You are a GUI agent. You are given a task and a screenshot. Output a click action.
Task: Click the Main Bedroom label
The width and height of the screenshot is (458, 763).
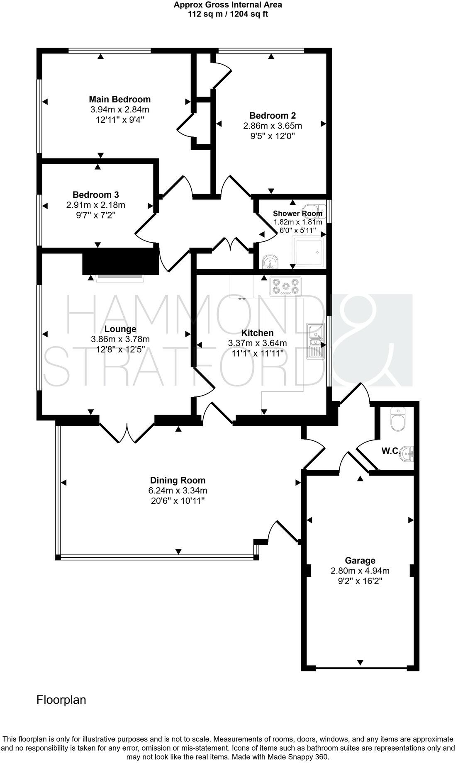(x=119, y=99)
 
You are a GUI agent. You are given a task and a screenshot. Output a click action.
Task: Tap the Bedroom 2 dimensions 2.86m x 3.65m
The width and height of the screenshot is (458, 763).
(x=273, y=126)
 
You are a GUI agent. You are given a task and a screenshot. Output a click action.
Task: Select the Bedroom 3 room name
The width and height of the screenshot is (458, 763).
(x=95, y=194)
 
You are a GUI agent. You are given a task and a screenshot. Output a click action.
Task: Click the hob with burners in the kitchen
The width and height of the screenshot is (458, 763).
(x=285, y=286)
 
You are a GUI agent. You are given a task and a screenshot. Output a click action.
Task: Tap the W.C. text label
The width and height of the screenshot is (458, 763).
(x=390, y=451)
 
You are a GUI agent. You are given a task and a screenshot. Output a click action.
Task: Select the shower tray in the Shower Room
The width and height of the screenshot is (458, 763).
(x=308, y=252)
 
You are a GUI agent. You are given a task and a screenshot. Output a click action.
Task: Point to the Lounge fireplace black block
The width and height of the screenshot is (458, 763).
(x=120, y=261)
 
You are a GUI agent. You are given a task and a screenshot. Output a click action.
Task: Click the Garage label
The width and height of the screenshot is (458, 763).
(x=360, y=561)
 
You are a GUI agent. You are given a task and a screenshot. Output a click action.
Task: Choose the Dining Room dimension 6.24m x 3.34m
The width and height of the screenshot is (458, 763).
(x=178, y=491)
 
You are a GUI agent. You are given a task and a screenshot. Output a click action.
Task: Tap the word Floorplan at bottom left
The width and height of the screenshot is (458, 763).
(x=61, y=700)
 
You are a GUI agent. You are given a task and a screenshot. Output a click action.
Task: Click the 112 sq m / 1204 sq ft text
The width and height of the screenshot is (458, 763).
(x=228, y=14)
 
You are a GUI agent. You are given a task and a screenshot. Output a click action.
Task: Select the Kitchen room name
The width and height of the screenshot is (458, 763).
(x=257, y=333)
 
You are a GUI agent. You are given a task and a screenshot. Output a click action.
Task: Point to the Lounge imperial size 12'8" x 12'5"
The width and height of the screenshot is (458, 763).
(x=120, y=349)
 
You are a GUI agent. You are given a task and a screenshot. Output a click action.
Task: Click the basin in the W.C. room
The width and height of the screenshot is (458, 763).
(x=408, y=454)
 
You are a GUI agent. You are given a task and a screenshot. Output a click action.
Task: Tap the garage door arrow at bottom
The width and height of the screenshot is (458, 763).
(x=360, y=662)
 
